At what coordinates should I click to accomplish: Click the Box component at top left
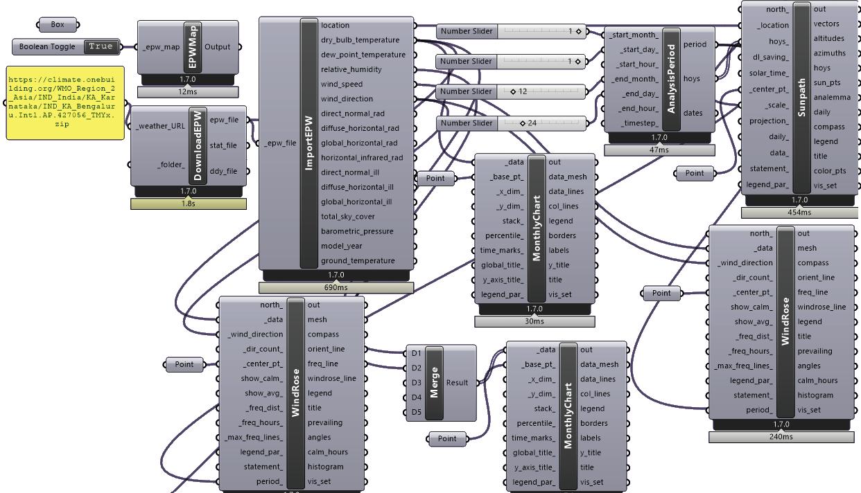pyautogui.click(x=58, y=25)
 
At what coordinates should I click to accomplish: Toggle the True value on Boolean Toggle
pyautogui.click(x=101, y=46)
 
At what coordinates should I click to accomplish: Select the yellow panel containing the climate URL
pyautogui.click(x=65, y=102)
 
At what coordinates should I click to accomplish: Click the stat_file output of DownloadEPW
pyautogui.click(x=223, y=145)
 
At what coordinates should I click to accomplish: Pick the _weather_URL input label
pyautogui.click(x=160, y=126)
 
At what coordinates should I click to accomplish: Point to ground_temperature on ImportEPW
pyautogui.click(x=357, y=261)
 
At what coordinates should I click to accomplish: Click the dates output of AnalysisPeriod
pyautogui.click(x=693, y=113)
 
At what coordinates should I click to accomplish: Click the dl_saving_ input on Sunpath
pyautogui.click(x=769, y=57)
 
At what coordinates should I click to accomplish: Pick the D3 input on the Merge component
pyautogui.click(x=416, y=383)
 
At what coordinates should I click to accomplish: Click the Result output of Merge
pyautogui.click(x=457, y=383)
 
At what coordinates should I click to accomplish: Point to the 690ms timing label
pyautogui.click(x=336, y=287)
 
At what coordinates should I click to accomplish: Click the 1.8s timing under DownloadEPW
pyautogui.click(x=188, y=204)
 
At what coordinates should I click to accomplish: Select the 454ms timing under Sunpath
pyautogui.click(x=799, y=213)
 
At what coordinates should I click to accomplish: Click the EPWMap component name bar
pyautogui.click(x=191, y=47)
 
